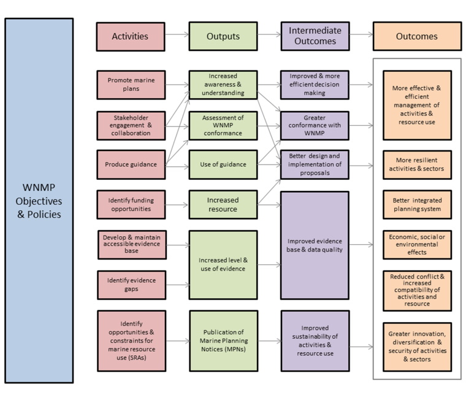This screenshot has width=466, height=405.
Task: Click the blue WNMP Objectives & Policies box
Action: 39,200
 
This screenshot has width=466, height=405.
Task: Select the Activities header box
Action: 130,36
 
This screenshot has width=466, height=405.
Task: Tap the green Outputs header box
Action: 223,36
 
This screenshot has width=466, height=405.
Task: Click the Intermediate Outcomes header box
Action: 315,36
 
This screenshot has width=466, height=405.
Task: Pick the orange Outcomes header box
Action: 416,36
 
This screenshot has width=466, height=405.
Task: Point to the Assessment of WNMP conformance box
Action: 223,126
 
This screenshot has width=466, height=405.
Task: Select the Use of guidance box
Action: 223,164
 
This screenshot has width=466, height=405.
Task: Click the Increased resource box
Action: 223,204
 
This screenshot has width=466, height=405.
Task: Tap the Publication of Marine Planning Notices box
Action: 223,341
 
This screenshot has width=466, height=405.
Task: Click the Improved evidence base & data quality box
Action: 315,245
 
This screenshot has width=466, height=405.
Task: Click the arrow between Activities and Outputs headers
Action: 177,35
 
